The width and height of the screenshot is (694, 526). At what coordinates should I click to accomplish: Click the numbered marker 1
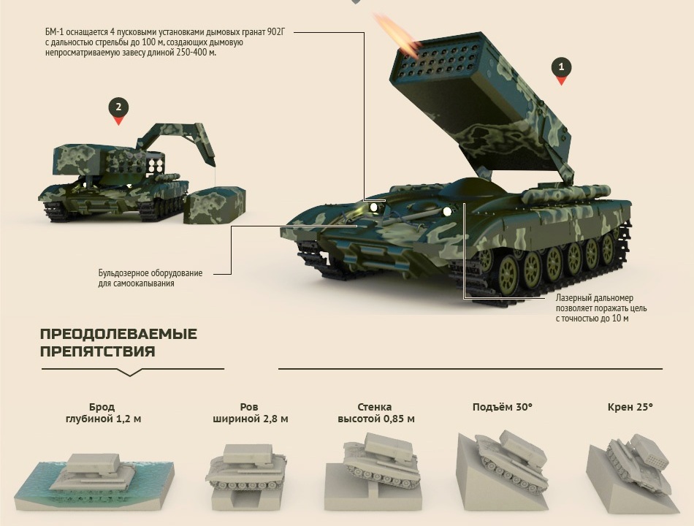click(x=561, y=70)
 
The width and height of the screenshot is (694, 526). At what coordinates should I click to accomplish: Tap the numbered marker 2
click(x=118, y=110)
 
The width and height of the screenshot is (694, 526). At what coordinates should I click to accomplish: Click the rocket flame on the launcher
click(x=396, y=34)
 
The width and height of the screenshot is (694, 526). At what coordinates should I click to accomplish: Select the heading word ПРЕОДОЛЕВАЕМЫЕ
click(x=118, y=334)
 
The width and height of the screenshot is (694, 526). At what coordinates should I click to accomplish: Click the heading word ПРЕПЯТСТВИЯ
click(x=97, y=351)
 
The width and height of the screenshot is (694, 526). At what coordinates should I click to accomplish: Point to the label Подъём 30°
click(x=503, y=407)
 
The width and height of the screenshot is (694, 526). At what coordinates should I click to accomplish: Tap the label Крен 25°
click(x=630, y=407)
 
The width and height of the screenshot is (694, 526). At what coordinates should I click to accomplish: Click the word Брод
click(x=102, y=407)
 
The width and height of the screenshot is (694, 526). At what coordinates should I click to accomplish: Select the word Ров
click(x=249, y=407)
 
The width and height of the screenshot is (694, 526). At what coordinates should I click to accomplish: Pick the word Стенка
click(x=375, y=407)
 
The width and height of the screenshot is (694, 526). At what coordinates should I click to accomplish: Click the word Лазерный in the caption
click(x=572, y=298)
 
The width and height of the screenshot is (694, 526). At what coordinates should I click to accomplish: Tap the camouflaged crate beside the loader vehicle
click(x=215, y=206)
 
